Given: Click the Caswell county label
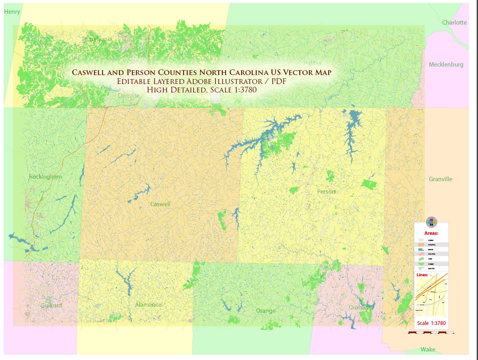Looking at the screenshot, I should tap(160, 204).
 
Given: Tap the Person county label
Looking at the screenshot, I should tap(326, 191).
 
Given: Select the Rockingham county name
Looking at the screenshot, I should tap(45, 177).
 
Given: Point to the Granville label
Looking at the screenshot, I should tap(440, 179).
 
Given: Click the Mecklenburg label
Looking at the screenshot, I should tap(446, 65).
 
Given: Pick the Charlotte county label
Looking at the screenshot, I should tap(454, 23).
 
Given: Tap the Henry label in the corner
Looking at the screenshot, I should tap(12, 12).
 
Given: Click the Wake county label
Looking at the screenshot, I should tap(428, 350).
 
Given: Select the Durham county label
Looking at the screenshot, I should tap(359, 308).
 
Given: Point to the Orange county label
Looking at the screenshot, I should tap(265, 311).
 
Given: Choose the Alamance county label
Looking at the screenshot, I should tap(148, 305).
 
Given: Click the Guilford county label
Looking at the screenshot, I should tap(51, 306).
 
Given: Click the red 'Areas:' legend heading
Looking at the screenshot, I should tap(431, 233).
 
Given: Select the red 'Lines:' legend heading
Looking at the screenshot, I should tap(422, 275).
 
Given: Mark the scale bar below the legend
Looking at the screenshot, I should tap(431, 333).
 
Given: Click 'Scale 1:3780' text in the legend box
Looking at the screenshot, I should tap(431, 323).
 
